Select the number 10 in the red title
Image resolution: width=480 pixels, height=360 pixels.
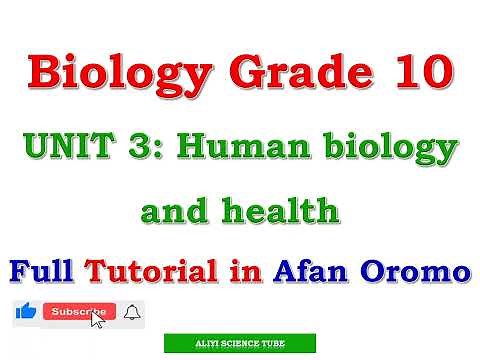coord(417,72)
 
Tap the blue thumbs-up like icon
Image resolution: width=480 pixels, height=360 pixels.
coord(26,312)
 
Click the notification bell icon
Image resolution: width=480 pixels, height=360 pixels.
coord(133,313)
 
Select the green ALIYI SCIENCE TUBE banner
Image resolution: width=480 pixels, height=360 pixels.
coord(239,343)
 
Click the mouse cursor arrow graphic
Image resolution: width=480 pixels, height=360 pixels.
coord(98,320)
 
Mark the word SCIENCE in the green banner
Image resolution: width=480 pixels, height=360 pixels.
coord(240,343)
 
